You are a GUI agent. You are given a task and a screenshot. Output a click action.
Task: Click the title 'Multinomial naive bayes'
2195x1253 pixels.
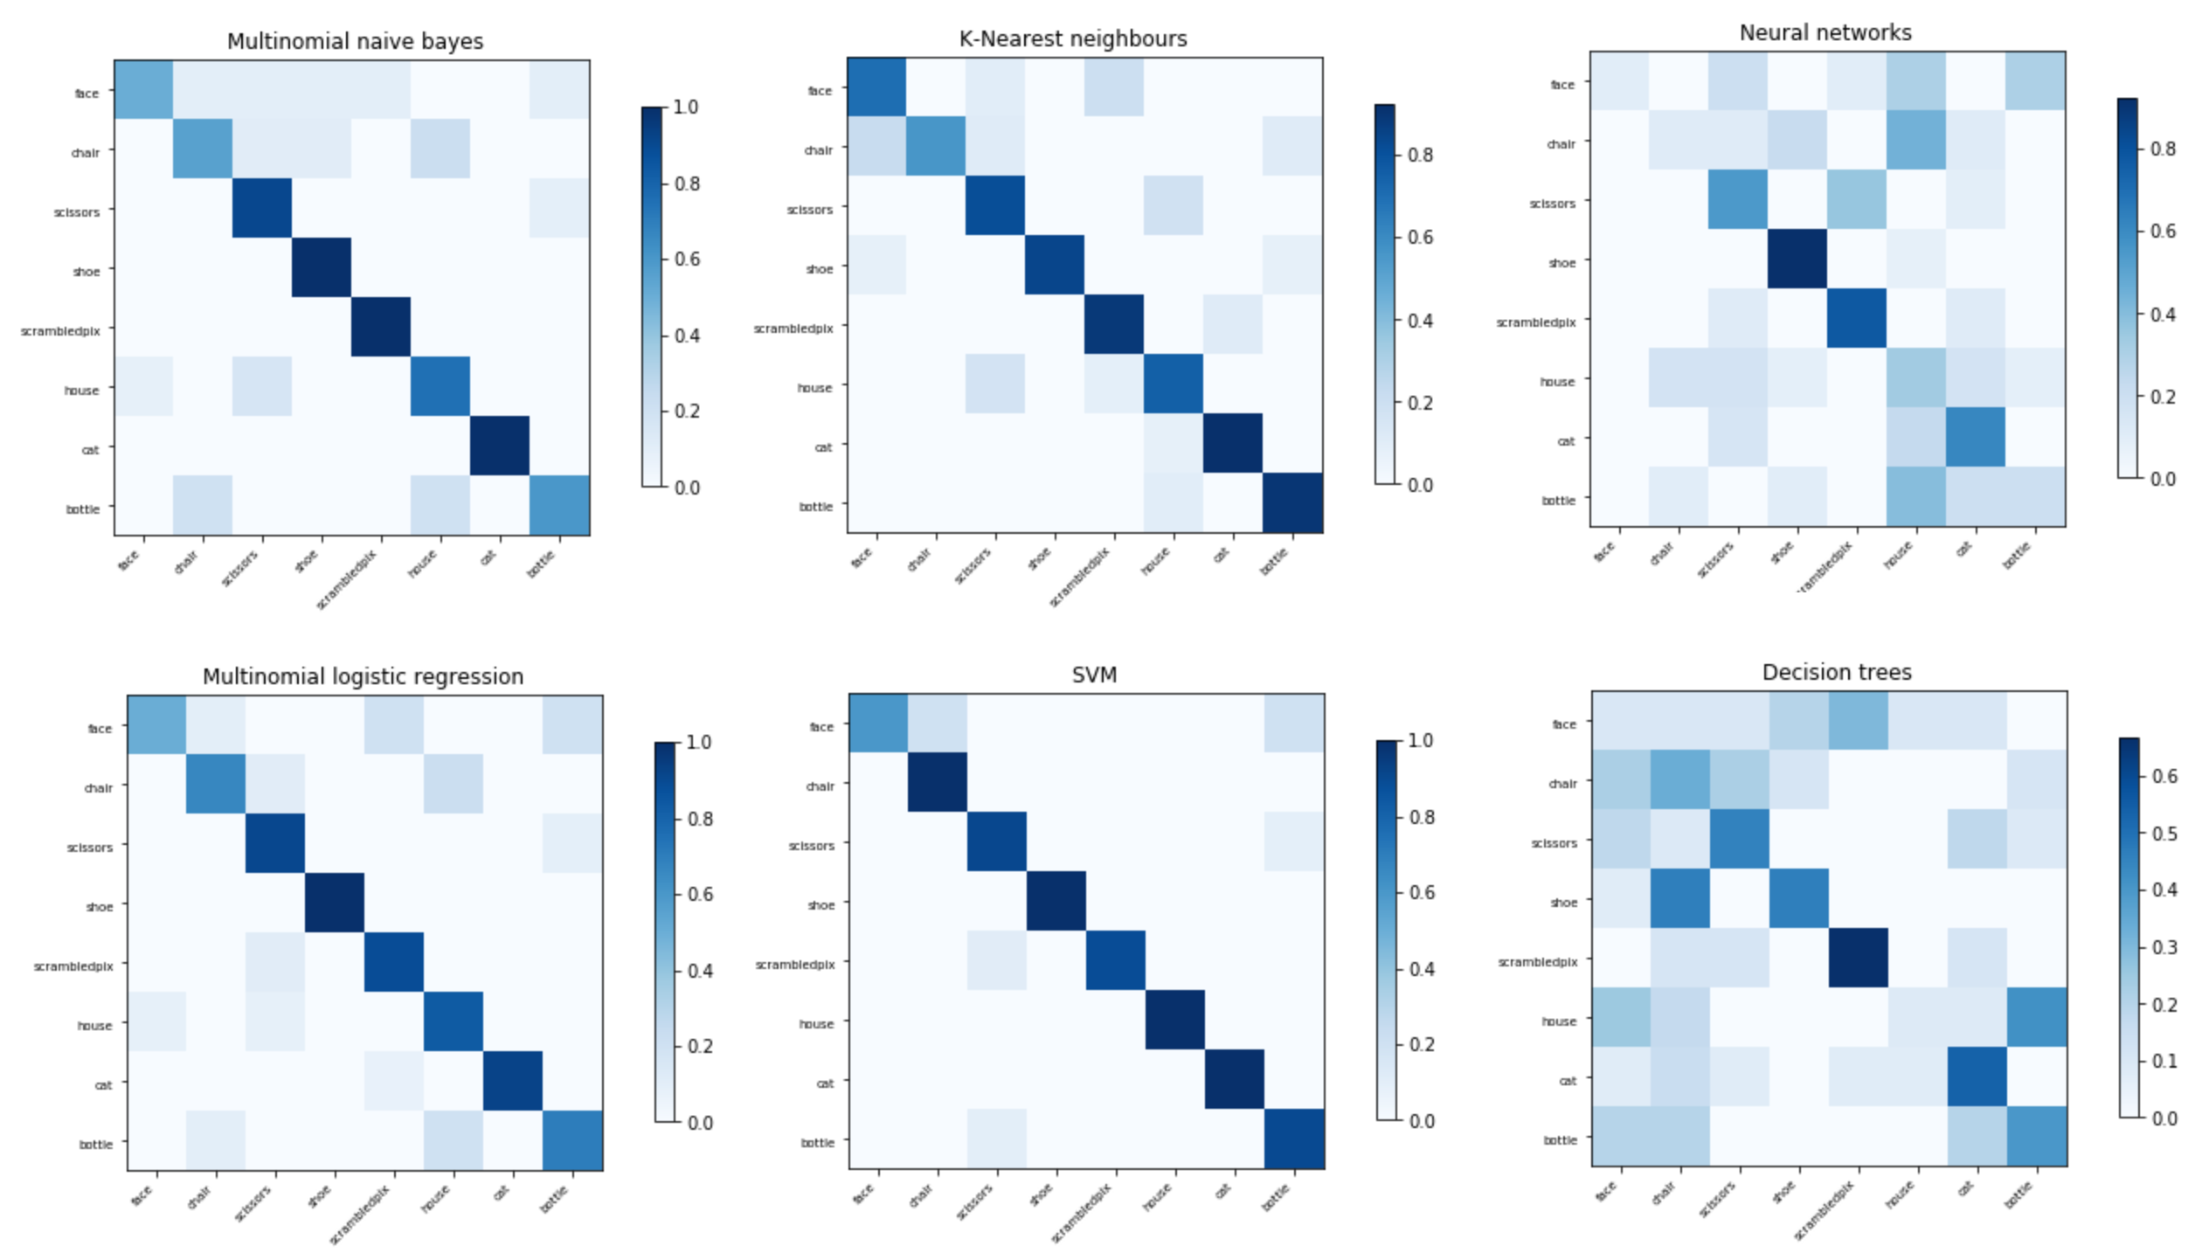(x=355, y=41)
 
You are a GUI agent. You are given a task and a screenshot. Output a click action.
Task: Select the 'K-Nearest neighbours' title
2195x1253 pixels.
(x=1073, y=38)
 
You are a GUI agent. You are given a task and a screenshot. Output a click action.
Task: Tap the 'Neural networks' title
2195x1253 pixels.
(x=1825, y=32)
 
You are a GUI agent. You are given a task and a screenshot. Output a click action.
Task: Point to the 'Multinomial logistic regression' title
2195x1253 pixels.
(x=363, y=676)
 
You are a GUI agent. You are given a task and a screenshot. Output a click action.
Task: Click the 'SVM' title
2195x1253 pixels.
(x=1094, y=675)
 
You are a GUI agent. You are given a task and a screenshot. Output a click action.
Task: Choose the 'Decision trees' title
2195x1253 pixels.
(x=1837, y=672)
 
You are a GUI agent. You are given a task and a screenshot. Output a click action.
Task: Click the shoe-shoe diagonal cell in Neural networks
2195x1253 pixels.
(x=1797, y=259)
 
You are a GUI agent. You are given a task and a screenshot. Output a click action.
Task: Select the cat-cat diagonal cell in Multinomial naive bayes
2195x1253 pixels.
(x=500, y=446)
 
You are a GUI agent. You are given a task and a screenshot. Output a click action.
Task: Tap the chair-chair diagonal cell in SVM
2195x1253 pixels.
(x=938, y=782)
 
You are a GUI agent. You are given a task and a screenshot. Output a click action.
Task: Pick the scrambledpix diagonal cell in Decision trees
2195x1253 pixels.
(x=1858, y=958)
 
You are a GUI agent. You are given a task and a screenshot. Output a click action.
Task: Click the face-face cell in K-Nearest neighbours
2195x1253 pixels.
(x=876, y=87)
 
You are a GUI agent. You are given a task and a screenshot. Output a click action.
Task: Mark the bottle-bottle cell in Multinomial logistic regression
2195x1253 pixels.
(x=572, y=1140)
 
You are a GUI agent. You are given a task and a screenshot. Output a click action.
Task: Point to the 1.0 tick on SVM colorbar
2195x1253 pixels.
(x=1421, y=740)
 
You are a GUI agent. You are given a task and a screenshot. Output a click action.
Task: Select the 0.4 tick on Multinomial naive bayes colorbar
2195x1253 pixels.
(x=687, y=336)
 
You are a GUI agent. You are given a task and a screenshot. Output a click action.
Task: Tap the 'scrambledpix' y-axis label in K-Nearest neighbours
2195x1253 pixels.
(x=793, y=329)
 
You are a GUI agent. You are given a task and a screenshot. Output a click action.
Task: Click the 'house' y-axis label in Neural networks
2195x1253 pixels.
(x=1556, y=382)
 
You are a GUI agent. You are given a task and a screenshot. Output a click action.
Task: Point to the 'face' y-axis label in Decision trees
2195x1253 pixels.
(x=1563, y=724)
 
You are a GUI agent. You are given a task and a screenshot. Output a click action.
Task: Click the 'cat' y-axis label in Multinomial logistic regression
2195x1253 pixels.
(x=103, y=1085)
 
